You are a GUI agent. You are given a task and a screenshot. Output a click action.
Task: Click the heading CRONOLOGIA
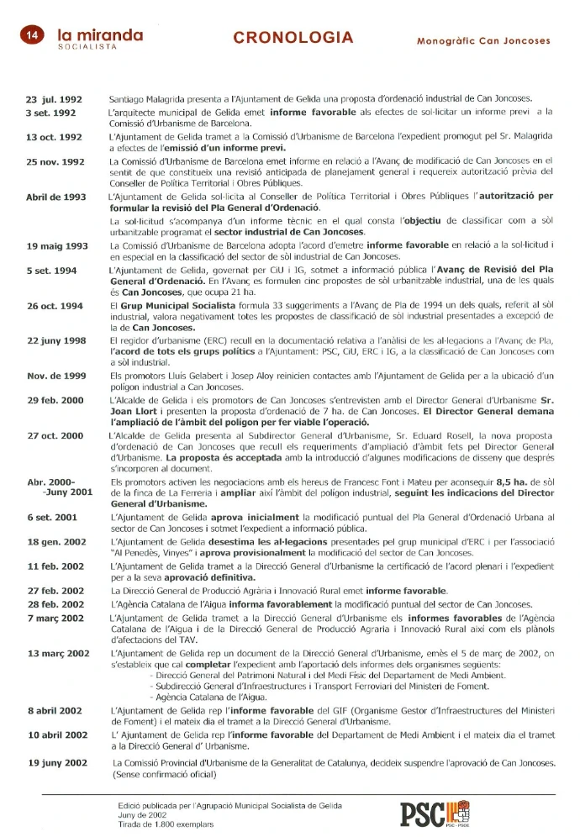tap(293, 38)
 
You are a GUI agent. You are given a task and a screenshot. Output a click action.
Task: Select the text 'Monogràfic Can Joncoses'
tap(483, 40)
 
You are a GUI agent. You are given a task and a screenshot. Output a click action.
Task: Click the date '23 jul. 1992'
tap(54, 99)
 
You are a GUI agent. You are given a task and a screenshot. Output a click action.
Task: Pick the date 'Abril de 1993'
tap(56, 197)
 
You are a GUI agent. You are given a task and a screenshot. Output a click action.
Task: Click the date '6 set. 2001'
tap(52, 517)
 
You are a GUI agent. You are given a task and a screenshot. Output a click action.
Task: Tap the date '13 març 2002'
tap(59, 653)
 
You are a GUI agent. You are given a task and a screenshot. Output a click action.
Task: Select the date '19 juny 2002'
tap(57, 762)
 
